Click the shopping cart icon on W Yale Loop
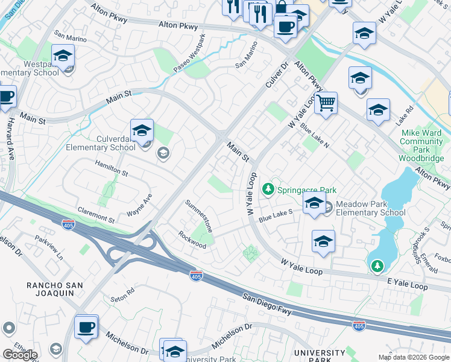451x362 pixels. [326, 103]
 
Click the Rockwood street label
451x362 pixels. [192, 240]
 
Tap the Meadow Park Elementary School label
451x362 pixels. [370, 209]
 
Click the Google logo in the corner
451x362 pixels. [20, 354]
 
